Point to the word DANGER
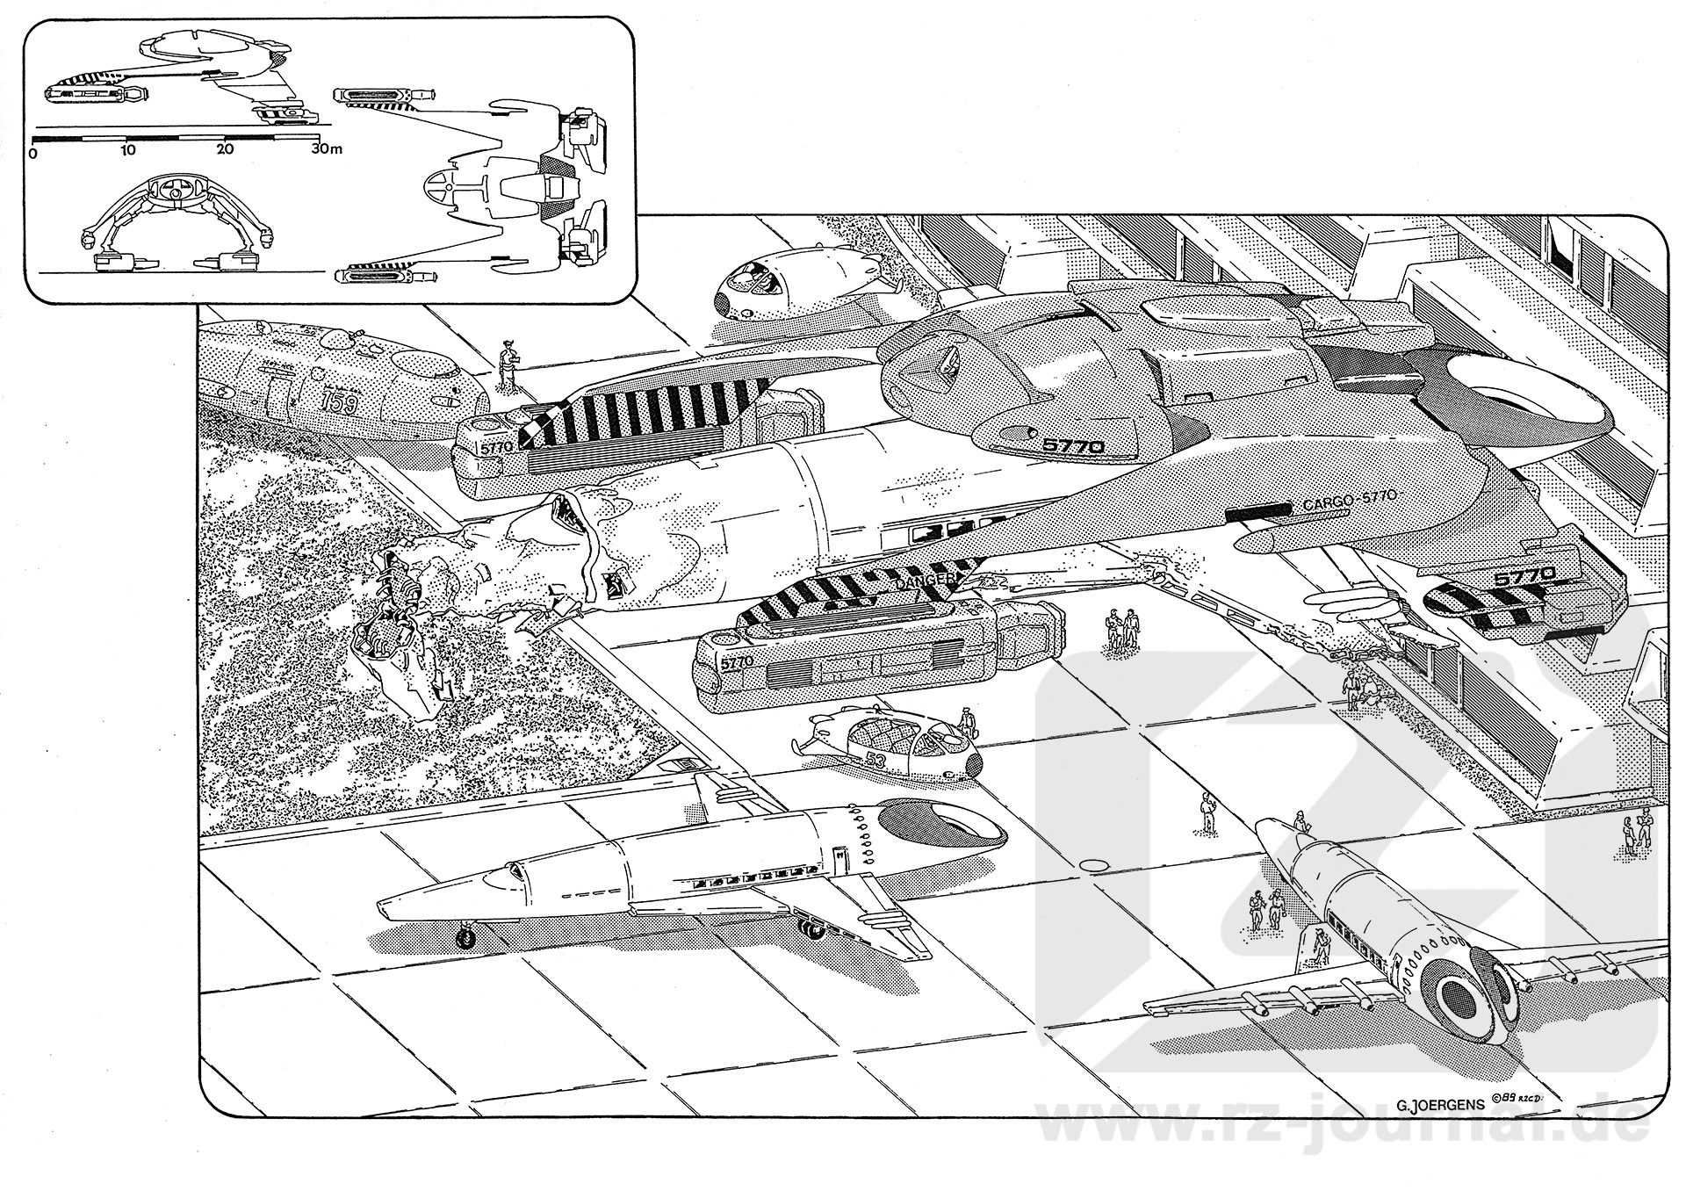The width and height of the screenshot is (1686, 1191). (925, 581)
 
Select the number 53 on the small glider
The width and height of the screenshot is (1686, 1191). (875, 759)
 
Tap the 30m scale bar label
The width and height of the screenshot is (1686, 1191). (326, 149)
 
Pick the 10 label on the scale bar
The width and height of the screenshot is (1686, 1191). (128, 150)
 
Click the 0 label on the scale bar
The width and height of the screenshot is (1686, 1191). (32, 151)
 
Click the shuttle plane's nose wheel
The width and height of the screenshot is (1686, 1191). (466, 939)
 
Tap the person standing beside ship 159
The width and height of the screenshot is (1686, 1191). (507, 365)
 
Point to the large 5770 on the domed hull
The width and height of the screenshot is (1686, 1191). (1072, 446)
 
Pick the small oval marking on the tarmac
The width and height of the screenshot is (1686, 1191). (1094, 865)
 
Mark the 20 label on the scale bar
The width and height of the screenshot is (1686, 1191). (225, 150)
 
